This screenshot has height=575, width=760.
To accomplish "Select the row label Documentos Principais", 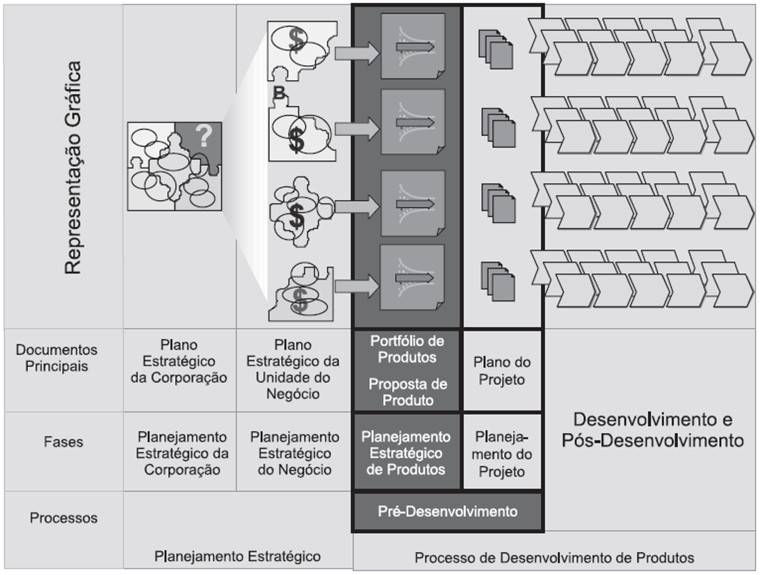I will coord(57,358).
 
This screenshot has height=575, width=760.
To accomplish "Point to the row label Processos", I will coord(63,518).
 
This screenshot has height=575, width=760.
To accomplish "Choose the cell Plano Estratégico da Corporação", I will coord(179,362).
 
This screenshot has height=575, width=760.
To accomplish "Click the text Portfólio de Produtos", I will coord(407,349).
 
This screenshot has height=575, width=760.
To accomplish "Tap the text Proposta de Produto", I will coord(407,392).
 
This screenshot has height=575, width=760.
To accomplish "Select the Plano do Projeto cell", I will coord(502,371).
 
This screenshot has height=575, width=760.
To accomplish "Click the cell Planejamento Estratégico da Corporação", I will coord(182,453).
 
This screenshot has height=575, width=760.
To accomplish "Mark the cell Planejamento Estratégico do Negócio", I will coord(295,453).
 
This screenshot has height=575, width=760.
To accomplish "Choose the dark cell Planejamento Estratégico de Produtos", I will coord(406,453).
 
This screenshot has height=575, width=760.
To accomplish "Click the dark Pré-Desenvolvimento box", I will coord(447,512).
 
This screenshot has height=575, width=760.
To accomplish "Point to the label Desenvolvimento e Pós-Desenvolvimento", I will coord(652,430).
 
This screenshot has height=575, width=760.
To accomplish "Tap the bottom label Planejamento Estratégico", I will coord(238,556).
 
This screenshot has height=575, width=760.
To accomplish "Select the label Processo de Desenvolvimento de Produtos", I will coord(554,558).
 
